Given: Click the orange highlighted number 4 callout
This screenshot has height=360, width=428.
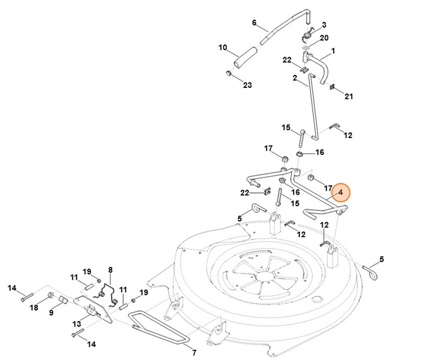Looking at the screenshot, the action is [340, 192].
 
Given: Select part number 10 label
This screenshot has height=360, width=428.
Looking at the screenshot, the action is [223, 47].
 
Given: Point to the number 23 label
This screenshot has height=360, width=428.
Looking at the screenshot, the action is [248, 85].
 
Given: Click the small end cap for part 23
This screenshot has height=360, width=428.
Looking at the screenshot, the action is [228, 73].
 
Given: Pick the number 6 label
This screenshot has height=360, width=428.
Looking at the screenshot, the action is [254, 23].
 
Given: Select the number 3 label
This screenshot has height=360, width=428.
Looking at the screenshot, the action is [324, 25].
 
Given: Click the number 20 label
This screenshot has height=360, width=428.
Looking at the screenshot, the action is [324, 38].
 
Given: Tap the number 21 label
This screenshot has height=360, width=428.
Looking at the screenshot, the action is [349, 97].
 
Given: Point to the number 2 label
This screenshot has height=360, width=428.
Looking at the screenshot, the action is [295, 78].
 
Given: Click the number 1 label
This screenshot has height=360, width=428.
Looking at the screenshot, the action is [333, 51].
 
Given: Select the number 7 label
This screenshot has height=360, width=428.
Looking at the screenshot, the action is [194, 352].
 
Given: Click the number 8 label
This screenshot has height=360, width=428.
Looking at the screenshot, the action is [110, 270].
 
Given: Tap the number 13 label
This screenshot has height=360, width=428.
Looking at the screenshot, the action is [77, 324].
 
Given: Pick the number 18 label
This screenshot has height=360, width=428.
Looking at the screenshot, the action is [34, 307].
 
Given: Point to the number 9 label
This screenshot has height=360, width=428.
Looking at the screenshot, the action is [51, 313].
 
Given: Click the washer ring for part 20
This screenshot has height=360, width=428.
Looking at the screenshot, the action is [306, 48].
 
